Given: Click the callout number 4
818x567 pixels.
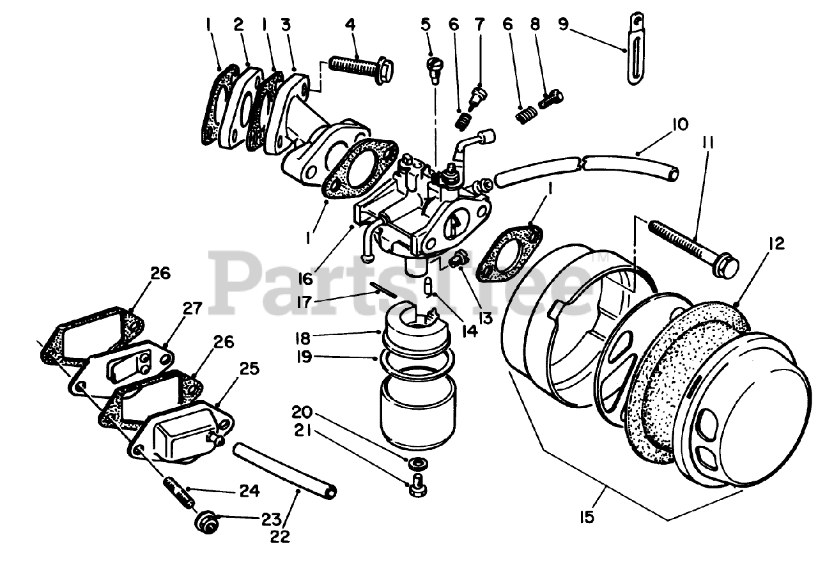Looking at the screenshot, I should [x=350, y=25].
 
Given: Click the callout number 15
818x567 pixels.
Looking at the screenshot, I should [x=587, y=517].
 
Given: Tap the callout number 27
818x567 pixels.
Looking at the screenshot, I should [x=192, y=309].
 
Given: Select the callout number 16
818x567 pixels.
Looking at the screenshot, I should [x=305, y=279].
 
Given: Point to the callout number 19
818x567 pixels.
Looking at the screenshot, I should [x=303, y=357].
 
